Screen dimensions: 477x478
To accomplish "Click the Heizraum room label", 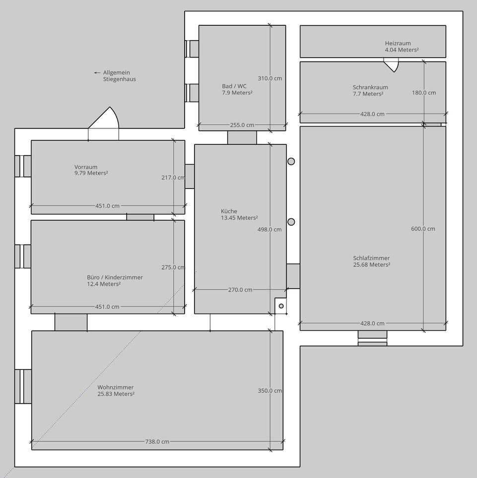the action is (398, 43).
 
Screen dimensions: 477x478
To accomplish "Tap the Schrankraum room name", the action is (370, 87).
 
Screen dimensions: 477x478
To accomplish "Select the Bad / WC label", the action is (234, 86).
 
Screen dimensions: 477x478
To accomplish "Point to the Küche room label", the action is (229, 211).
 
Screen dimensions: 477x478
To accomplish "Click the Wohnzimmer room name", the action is (115, 387).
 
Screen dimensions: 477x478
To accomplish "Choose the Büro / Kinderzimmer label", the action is (115, 277).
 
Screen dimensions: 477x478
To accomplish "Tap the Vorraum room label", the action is (86, 167).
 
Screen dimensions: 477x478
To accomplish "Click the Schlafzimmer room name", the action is (371, 258).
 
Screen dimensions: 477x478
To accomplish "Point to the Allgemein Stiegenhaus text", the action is (119, 76).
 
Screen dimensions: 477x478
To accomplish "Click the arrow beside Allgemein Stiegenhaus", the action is (97, 73).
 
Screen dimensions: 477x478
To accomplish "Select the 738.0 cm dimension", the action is (157, 441).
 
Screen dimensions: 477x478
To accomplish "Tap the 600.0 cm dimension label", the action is (423, 229).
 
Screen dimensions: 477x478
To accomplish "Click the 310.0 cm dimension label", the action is (270, 78).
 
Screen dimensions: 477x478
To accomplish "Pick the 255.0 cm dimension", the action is (242, 125).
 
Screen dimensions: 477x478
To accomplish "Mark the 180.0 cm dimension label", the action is (424, 93).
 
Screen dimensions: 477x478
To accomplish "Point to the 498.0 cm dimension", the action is (270, 230).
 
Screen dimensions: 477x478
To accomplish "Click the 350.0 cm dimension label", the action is (270, 391).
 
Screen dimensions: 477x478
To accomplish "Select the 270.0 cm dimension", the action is (240, 290).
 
